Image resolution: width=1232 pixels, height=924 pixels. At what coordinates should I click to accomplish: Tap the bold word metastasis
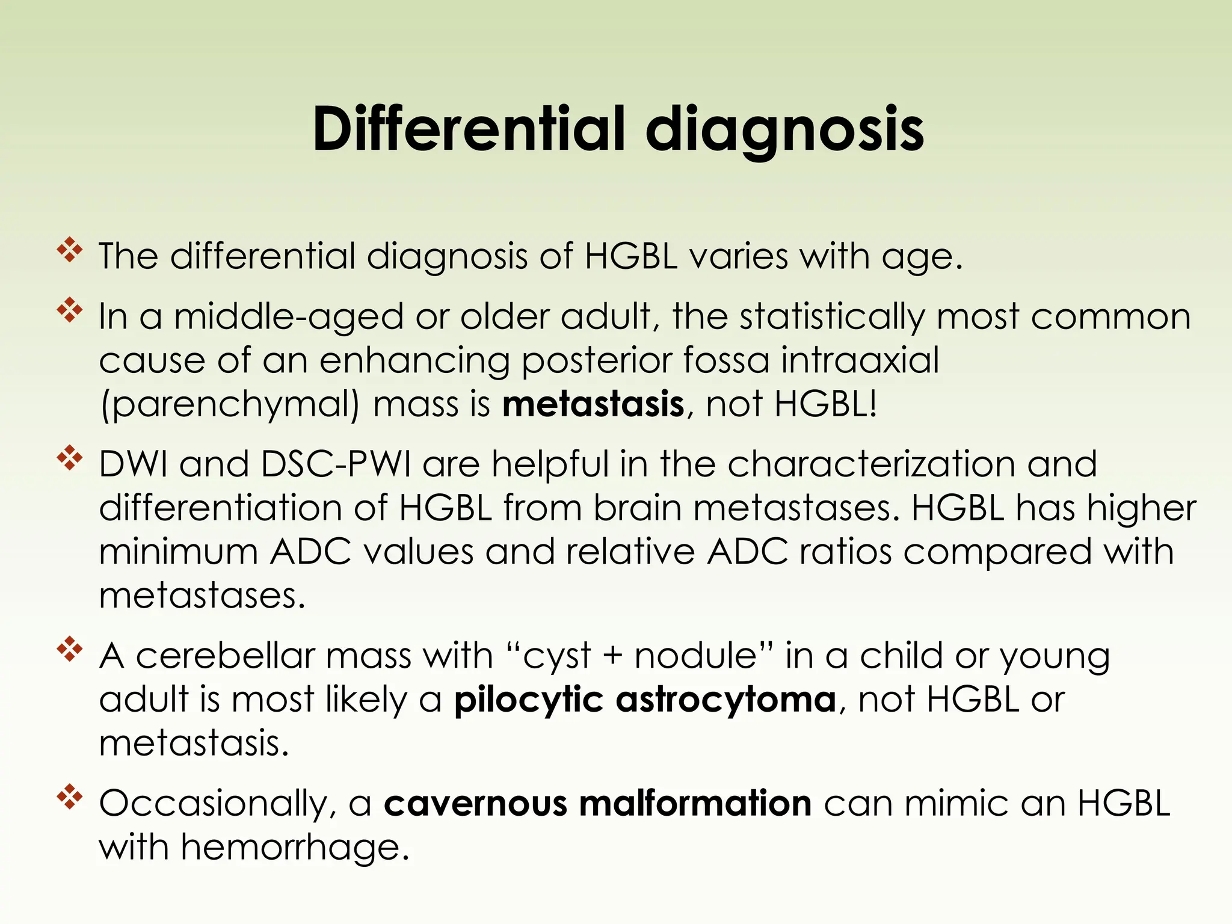(593, 404)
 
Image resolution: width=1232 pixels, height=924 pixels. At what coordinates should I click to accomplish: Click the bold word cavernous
(475, 804)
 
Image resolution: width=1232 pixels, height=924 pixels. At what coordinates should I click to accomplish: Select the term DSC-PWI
(336, 464)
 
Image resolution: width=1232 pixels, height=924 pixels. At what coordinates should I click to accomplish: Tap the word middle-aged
(289, 318)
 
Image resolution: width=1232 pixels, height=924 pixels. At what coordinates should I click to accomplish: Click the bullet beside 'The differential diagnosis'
(70, 250)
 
